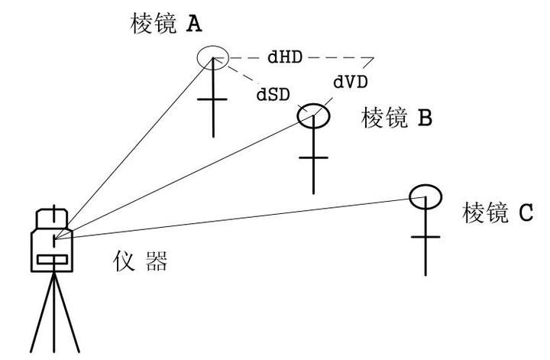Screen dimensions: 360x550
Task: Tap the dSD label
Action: (272, 95)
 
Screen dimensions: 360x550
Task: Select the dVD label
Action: (351, 81)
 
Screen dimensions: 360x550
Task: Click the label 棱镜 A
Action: (167, 24)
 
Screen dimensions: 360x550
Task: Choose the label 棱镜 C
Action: (497, 213)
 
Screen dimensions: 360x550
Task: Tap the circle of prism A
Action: (211, 57)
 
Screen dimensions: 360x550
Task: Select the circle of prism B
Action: (313, 115)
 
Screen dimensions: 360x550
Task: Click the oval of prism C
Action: (425, 196)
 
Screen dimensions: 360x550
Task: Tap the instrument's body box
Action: (52, 249)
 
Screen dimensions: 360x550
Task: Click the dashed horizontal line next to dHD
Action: (336, 57)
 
